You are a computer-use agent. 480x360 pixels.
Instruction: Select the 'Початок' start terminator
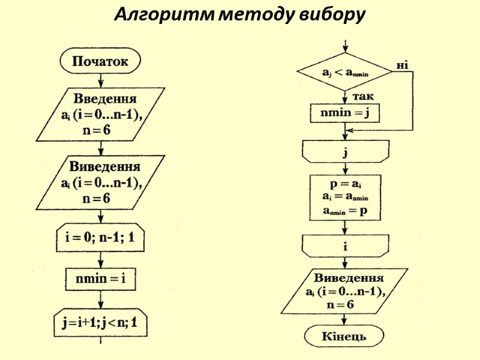tap(100, 61)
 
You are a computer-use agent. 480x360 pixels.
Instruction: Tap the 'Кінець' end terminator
tap(345, 337)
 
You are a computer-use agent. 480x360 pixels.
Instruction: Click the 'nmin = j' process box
tap(345, 112)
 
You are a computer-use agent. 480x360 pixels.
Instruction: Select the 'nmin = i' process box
tap(101, 278)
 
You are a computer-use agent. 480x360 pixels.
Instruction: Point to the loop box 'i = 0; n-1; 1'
tap(100, 238)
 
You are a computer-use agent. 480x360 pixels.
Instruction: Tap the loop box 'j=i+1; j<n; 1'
tap(100, 323)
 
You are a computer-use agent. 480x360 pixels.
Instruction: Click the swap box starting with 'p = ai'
tap(345, 197)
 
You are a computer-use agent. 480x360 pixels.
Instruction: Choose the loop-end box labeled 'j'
tap(345, 151)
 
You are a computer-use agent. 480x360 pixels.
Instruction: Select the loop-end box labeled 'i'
tap(345, 246)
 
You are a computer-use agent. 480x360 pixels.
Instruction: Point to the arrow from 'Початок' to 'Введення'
tap(100, 80)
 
